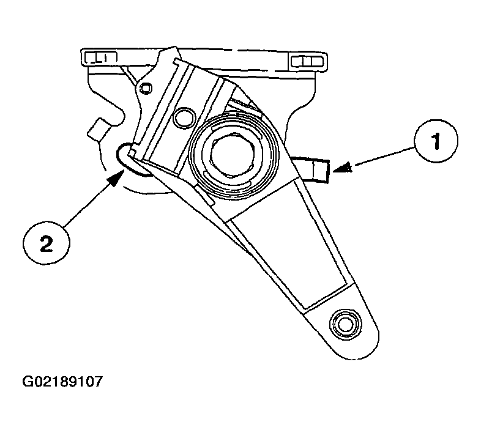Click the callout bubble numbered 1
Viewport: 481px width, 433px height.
click(x=436, y=141)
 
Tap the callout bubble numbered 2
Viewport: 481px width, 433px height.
click(x=47, y=243)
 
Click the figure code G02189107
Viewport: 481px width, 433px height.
click(x=62, y=382)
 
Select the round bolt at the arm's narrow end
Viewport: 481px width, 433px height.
click(x=345, y=324)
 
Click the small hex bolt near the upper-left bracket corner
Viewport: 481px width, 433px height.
click(x=145, y=88)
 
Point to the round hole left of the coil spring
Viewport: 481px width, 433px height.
click(x=184, y=117)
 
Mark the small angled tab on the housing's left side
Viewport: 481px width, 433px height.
click(x=98, y=130)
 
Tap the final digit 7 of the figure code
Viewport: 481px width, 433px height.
click(x=98, y=382)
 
